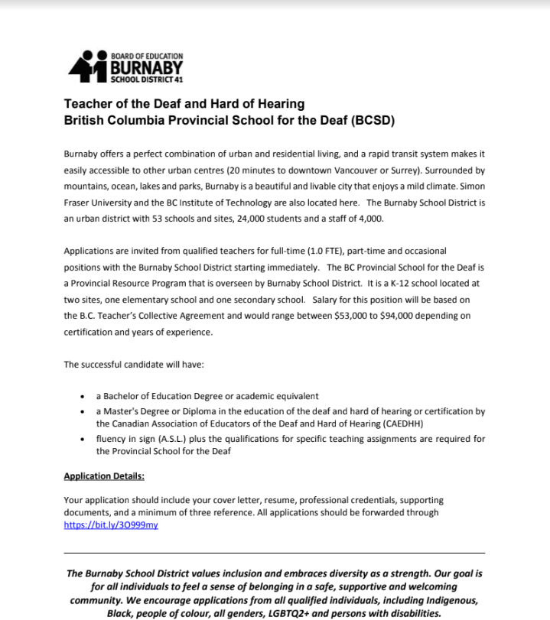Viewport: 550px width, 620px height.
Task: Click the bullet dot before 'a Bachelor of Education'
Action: [83, 397]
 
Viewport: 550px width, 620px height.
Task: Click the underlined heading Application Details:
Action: [104, 476]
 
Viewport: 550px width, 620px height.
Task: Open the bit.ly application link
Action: [111, 525]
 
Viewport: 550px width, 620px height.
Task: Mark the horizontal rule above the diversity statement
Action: [275, 553]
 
